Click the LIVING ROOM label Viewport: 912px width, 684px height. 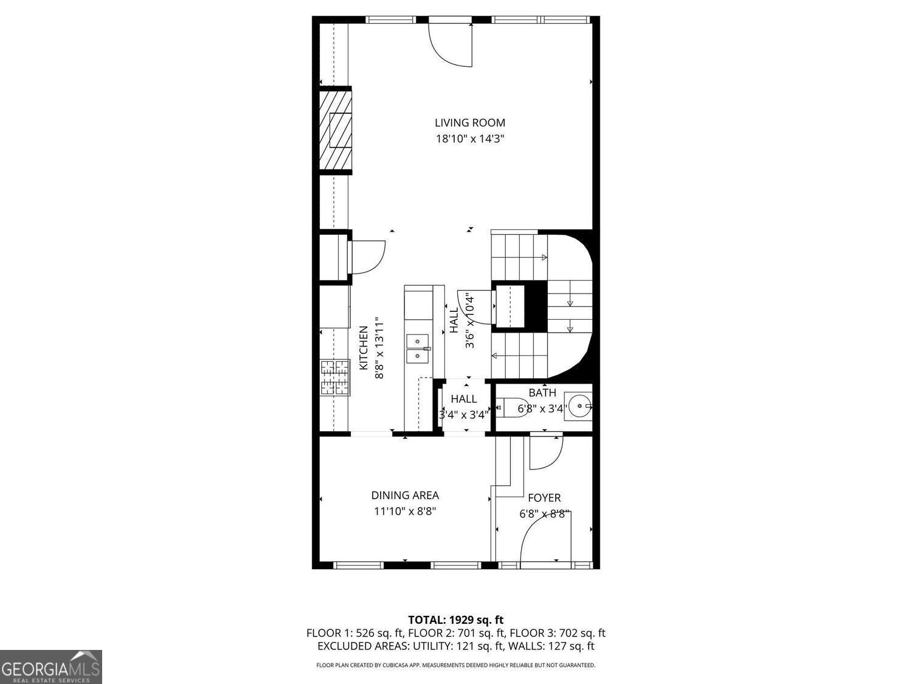click(470, 123)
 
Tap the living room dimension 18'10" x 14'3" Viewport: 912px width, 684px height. click(470, 139)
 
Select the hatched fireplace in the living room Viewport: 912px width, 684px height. click(336, 131)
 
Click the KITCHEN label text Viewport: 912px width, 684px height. click(364, 348)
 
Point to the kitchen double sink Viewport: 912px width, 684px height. click(418, 348)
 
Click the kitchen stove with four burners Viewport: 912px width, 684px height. click(336, 378)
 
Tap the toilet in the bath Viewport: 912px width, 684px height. click(511, 407)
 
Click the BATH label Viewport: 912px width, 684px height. click(542, 393)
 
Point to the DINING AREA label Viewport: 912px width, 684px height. click(405, 496)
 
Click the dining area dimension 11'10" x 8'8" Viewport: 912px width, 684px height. click(405, 511)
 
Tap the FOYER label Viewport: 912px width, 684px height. click(544, 498)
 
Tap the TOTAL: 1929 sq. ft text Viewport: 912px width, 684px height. click(455, 620)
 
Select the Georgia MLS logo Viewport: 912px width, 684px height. click(51, 667)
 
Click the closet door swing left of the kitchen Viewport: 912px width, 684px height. click(367, 257)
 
